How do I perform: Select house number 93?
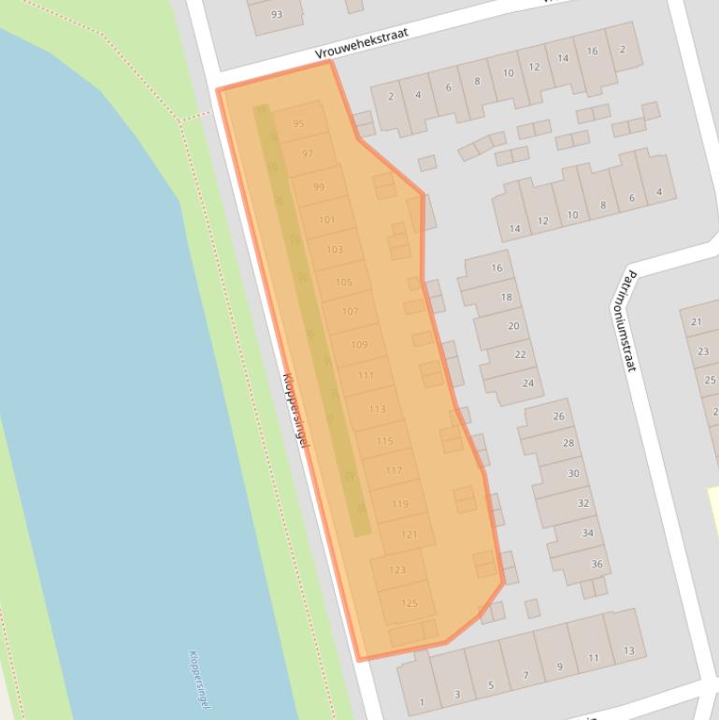pos(276,14)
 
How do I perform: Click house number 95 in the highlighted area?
pos(298,123)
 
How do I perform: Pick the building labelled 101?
pos(326,220)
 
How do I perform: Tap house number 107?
pos(350,311)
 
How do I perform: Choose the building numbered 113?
pos(377,409)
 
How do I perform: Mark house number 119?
pos(400,504)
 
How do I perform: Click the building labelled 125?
pos(409,603)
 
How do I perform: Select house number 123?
pos(397,569)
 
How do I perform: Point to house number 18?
pos(506,297)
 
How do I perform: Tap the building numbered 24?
pos(527,383)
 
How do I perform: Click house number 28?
pos(568,443)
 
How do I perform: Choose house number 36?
pos(597,564)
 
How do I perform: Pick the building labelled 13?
pos(629,651)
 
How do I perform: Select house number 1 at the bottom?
pos(422,702)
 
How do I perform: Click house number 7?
pos(525,675)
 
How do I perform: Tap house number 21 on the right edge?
pos(697,322)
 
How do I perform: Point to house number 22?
pos(520,354)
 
